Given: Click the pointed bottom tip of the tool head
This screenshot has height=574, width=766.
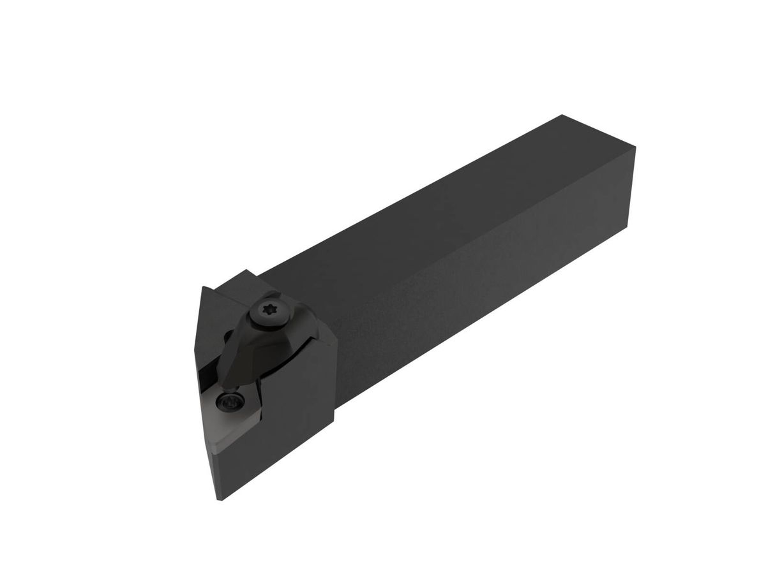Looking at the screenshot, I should [220, 499].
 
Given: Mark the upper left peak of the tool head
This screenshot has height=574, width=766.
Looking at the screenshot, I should [203, 288].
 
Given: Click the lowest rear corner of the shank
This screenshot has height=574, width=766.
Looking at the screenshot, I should [627, 228].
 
